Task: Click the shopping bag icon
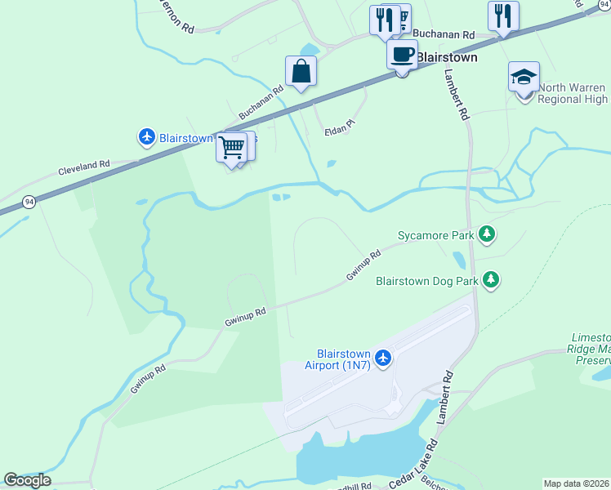click(301, 71)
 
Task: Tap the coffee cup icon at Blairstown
click(401, 55)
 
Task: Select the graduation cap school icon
click(524, 78)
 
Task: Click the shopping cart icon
click(232, 148)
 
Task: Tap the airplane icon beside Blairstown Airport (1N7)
click(383, 357)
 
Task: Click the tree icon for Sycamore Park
click(487, 235)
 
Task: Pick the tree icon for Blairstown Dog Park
click(490, 281)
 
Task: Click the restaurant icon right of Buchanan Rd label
click(503, 16)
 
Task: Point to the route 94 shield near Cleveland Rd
click(29, 201)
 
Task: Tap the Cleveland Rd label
click(83, 168)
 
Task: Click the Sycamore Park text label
click(435, 236)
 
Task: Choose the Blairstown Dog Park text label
click(426, 281)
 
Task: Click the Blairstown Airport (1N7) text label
click(338, 359)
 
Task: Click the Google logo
click(27, 480)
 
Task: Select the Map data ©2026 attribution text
click(576, 483)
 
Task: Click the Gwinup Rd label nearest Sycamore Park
click(363, 266)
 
